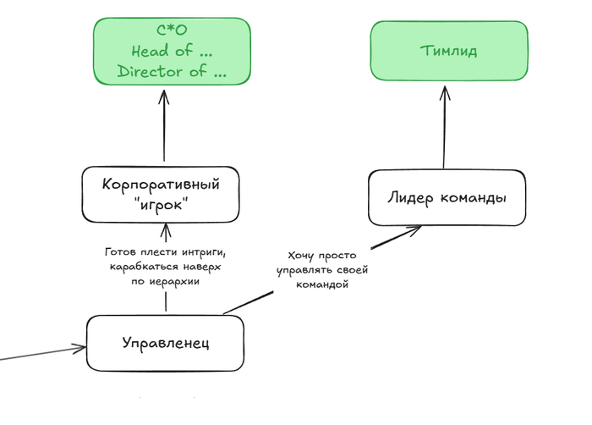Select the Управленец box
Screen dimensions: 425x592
pos(166,343)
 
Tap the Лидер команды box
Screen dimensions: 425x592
pos(447,198)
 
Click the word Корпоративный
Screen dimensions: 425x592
pos(161,184)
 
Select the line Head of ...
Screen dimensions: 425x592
pos(172,52)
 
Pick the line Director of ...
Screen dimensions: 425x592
pos(172,71)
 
